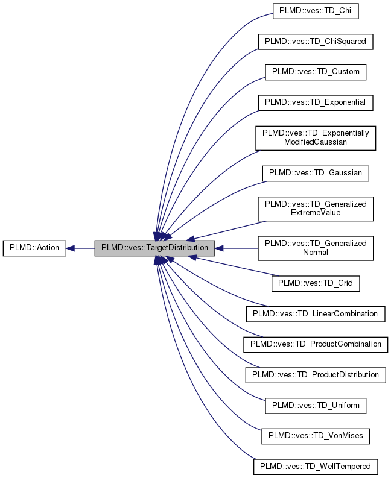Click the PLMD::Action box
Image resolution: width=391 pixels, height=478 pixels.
pos(34,248)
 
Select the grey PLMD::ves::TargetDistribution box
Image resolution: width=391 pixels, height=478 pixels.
pos(154,248)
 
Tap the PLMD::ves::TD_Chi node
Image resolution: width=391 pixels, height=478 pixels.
pos(316,10)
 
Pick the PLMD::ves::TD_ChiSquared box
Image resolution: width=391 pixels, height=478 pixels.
pos(316,41)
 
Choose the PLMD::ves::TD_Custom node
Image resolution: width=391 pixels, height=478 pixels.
pos(316,71)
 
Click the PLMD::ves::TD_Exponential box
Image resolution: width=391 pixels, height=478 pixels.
pos(316,102)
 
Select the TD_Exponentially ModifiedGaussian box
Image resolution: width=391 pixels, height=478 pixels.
pos(316,137)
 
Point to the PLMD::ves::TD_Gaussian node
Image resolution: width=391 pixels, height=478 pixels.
pos(316,172)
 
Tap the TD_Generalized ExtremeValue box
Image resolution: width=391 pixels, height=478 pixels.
pos(316,208)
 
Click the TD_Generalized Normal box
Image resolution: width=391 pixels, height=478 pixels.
pos(316,248)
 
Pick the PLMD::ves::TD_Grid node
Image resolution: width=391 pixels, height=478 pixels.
pos(316,283)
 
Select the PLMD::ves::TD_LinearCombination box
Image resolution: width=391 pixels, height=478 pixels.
pos(316,313)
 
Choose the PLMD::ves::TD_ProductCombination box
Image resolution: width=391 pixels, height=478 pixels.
pos(316,344)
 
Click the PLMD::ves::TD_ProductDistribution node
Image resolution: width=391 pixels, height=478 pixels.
pos(316,374)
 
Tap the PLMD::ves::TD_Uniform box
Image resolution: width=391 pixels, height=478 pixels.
pos(316,405)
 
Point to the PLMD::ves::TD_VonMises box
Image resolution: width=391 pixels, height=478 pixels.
pos(316,435)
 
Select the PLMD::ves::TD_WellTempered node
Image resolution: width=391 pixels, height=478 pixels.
pos(316,466)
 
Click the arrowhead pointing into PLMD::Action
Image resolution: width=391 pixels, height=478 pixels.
pos(70,248)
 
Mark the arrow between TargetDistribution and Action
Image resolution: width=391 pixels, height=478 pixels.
pos(81,248)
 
